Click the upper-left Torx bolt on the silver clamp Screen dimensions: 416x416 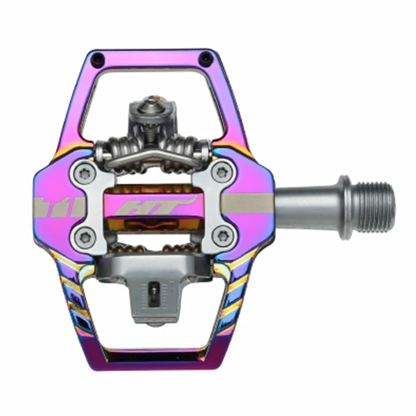[x=84, y=173]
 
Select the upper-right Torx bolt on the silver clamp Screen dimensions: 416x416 [x=222, y=172]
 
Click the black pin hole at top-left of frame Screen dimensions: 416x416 [x=97, y=57]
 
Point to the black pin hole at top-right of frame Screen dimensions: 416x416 [x=206, y=56]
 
